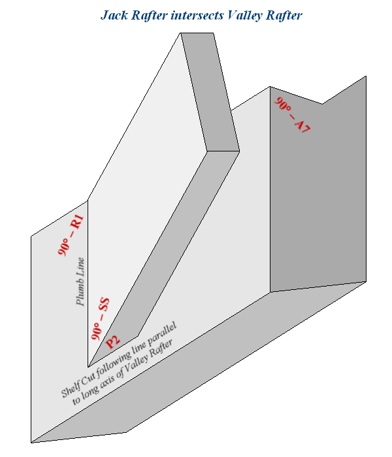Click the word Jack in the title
pos(114,15)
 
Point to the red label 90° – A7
pos(292,116)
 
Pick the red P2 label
pos(114,341)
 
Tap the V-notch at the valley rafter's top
pos(322,103)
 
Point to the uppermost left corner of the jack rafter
pos(181,33)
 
